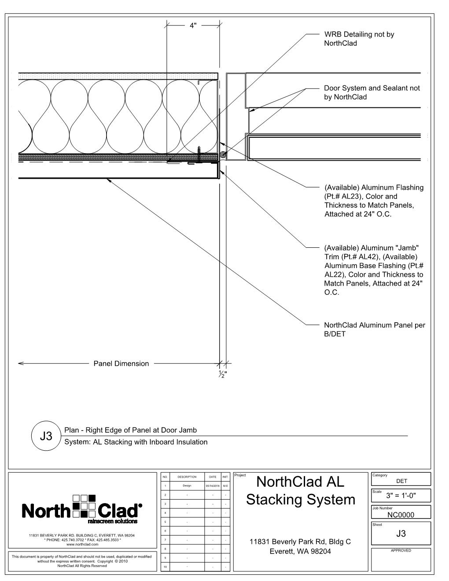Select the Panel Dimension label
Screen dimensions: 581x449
click(x=121, y=364)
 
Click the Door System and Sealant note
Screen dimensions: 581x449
click(x=372, y=92)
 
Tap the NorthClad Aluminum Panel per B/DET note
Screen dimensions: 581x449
click(x=374, y=329)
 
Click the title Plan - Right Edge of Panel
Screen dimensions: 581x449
click(x=130, y=430)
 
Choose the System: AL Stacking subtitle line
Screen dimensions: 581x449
click(x=136, y=442)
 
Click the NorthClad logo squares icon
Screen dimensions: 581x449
click(x=85, y=505)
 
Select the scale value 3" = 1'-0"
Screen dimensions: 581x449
click(x=401, y=496)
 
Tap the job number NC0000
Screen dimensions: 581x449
click(x=401, y=515)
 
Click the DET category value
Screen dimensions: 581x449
click(x=401, y=481)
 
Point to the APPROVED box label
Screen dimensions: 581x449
click(x=401, y=550)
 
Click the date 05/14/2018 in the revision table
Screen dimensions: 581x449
click(x=212, y=486)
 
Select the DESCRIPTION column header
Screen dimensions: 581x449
click(x=187, y=477)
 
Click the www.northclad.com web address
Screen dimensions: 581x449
click(x=82, y=544)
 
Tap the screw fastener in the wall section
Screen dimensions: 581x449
click(x=199, y=153)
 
